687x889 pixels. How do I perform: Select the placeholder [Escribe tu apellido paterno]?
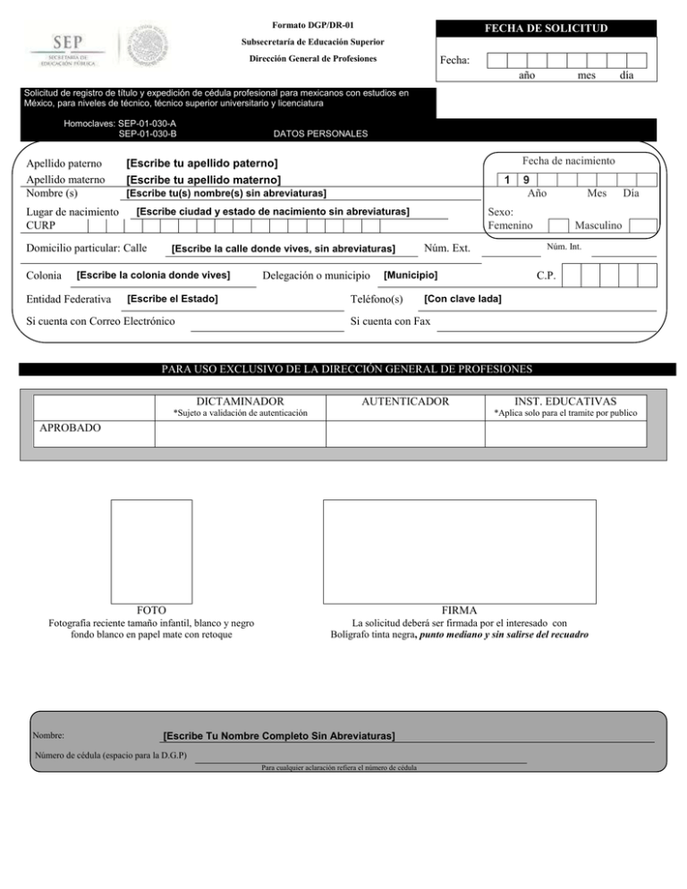tap(201, 164)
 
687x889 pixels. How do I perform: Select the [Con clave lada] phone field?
tap(462, 298)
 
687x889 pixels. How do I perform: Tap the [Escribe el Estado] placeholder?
tap(174, 298)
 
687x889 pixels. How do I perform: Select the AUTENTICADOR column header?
tap(403, 402)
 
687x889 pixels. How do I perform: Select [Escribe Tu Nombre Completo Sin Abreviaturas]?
tap(279, 735)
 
